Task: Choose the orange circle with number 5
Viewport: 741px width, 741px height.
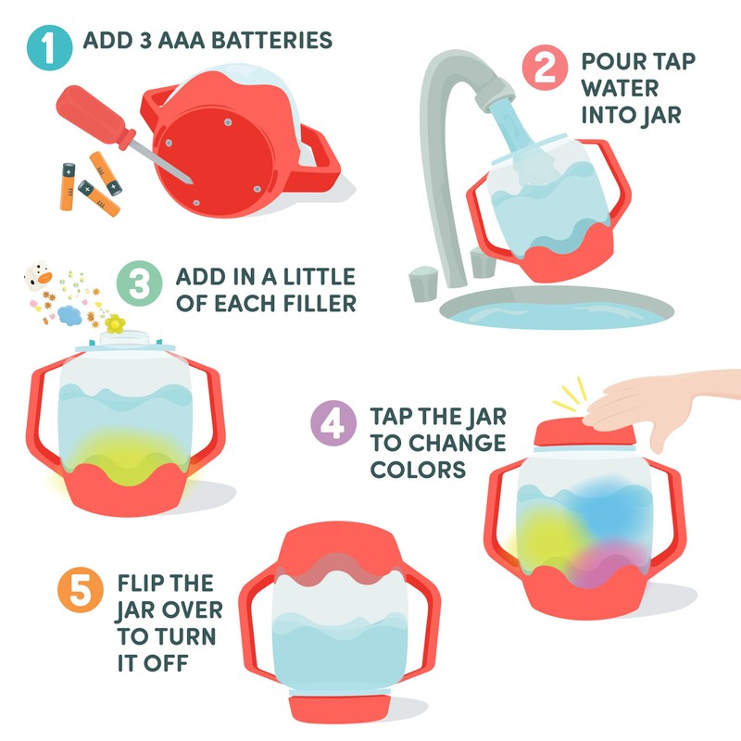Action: pos(79,589)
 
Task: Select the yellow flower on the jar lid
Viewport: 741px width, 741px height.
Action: pos(115,324)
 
